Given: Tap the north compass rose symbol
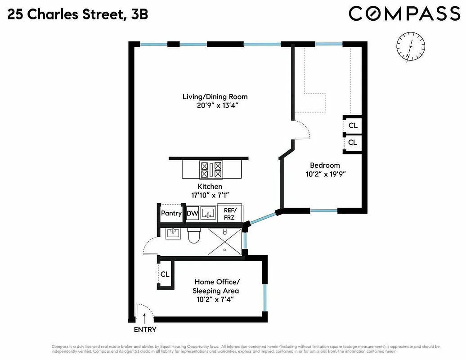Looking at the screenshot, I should tap(411, 47).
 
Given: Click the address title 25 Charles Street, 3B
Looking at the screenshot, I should tap(78, 15).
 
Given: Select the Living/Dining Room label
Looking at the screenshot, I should tap(215, 97).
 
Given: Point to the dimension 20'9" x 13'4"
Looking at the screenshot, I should tap(215, 106).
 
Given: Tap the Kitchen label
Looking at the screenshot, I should tap(210, 186).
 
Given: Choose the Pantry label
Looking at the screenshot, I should tap(171, 213).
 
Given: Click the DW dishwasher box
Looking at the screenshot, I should tap(193, 213).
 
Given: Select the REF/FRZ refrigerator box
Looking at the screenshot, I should tap(230, 213).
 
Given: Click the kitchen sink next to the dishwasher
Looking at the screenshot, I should tap(208, 213).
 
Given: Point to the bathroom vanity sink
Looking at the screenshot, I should tap(173, 233).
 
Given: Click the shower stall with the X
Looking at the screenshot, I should tap(224, 241).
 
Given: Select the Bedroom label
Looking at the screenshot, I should tap(324, 165).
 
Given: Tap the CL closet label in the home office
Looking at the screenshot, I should tap(165, 274).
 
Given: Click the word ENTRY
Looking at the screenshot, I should tap(145, 329).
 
